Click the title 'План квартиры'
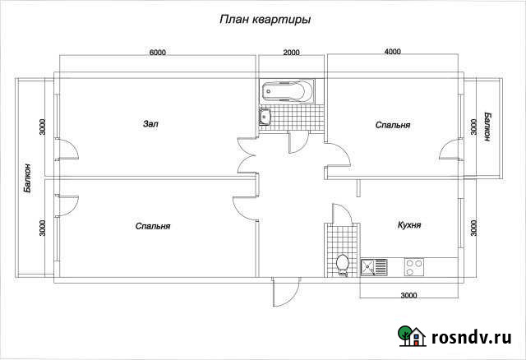265,18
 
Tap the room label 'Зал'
150,124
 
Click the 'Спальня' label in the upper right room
393,125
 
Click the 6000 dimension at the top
158,53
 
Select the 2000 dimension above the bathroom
292,53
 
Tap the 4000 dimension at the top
393,53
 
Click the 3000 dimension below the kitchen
409,295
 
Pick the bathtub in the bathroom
287,91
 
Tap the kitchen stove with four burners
413,267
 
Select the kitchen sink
375,267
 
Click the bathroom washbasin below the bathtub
265,118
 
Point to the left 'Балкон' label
28,177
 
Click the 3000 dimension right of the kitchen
473,226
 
